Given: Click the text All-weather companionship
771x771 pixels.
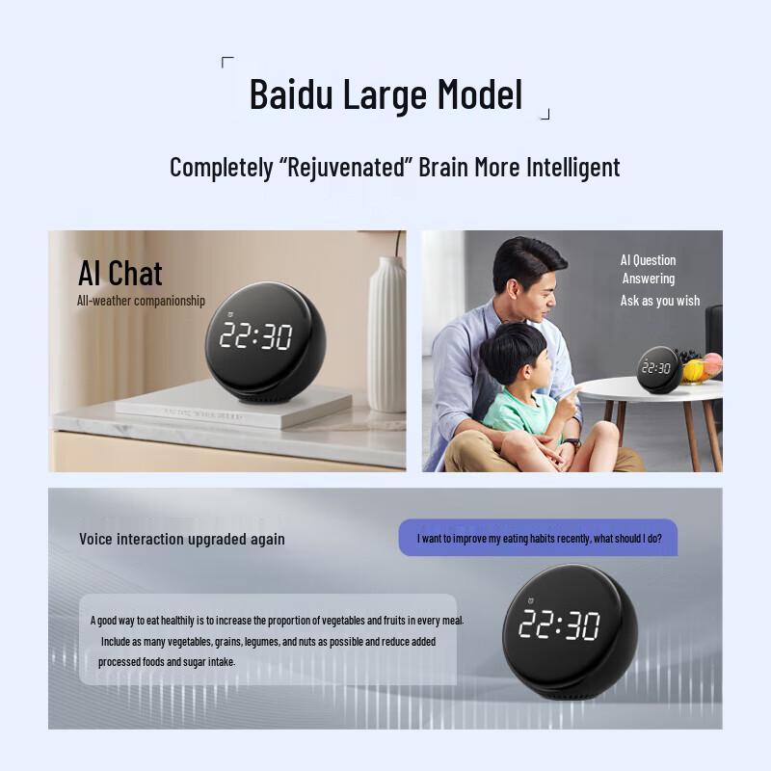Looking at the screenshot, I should pos(141,301).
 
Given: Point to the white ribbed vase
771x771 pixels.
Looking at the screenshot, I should pos(386,332).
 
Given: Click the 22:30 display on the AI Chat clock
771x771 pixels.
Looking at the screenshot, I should pos(255,335).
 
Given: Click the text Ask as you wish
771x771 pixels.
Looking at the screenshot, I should pos(660,301).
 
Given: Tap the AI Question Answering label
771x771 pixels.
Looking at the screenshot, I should pos(648,269).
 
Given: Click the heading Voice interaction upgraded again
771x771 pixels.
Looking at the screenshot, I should pos(182,539).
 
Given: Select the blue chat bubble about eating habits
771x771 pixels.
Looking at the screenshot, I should pos(539,539).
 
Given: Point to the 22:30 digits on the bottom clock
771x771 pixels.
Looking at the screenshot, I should pos(559,625).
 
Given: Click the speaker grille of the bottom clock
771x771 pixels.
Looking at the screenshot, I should pos(562,692).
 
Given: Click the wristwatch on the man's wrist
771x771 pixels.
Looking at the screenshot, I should pos(572,442).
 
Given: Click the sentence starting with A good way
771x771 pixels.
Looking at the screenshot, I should pos(277,620).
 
